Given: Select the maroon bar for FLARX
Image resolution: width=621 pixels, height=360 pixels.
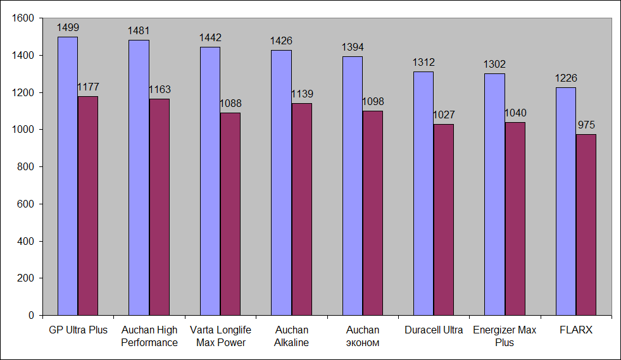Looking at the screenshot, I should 586,225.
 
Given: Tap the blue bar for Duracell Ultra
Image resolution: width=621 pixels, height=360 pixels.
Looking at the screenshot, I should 423,193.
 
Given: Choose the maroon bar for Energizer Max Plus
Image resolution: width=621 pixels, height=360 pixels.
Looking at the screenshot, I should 515,218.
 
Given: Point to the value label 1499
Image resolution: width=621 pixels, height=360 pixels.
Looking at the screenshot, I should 68,27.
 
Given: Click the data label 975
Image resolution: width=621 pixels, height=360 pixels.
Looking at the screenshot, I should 586,125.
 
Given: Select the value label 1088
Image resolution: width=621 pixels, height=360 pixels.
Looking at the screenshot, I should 230,103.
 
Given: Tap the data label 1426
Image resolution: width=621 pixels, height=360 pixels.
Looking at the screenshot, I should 281,40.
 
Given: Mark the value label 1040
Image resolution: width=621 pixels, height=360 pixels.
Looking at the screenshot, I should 515,113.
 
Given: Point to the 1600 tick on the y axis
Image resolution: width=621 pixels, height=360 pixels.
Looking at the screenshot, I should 23,18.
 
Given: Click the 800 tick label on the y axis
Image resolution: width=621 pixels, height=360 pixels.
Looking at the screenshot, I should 25,167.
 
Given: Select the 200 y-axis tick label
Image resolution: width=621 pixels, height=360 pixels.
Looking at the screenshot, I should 25,278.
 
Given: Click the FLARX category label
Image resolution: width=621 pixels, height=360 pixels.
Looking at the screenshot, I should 576,330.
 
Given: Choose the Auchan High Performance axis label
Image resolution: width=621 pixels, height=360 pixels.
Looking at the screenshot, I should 149,337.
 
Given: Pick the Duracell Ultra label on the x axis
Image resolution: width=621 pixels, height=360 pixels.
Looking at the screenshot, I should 434,330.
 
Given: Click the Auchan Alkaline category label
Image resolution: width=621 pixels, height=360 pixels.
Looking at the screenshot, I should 292,337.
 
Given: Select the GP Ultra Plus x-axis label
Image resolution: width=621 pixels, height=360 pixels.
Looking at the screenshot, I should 78,330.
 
